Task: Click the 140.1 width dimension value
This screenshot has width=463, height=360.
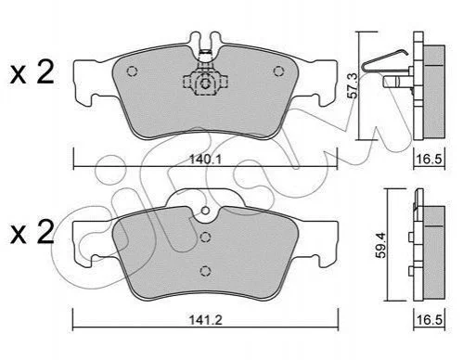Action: click(x=205, y=160)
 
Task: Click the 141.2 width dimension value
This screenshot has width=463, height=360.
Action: click(x=206, y=320)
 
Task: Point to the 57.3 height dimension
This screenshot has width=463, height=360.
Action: click(x=353, y=85)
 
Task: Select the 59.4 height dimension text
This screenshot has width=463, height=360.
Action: click(x=381, y=245)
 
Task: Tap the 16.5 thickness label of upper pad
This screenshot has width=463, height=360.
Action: click(x=430, y=160)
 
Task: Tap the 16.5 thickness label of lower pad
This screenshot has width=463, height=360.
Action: click(x=430, y=320)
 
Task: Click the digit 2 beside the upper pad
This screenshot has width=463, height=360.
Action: click(x=45, y=72)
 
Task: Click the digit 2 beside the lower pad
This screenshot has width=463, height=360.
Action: click(x=45, y=232)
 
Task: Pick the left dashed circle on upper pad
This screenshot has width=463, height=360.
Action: click(x=132, y=71)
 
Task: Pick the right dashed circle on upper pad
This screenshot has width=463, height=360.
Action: click(x=278, y=71)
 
